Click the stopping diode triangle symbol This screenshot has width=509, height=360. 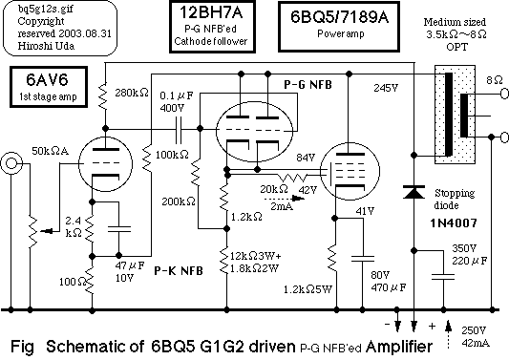tap(413, 191)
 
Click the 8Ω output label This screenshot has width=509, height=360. tap(494, 81)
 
